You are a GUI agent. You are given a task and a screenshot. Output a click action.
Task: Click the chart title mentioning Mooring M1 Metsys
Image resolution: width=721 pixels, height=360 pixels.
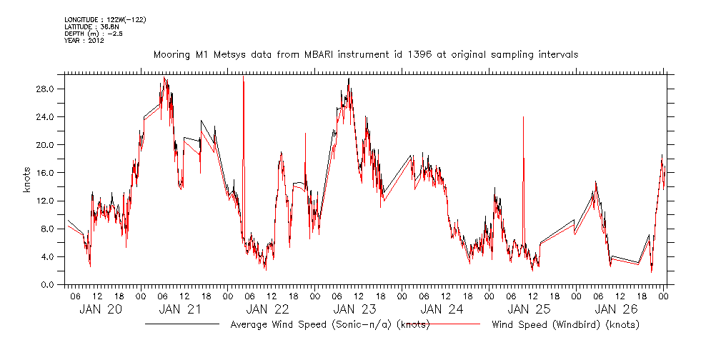tap(366, 54)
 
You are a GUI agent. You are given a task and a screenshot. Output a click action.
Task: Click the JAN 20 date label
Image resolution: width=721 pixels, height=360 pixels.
tap(99, 309)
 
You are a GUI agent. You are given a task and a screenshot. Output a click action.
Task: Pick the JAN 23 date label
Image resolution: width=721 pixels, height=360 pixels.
tap(354, 309)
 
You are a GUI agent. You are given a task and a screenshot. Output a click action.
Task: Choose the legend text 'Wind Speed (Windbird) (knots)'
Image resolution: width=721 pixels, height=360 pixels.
tap(565, 325)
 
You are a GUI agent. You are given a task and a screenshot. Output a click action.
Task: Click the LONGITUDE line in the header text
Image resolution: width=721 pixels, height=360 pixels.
tap(105, 19)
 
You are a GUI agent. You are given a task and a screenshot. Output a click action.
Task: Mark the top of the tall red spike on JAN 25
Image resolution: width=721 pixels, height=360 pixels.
tap(524, 116)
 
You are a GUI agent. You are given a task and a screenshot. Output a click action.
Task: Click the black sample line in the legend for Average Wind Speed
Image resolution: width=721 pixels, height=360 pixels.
tap(182, 324)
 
